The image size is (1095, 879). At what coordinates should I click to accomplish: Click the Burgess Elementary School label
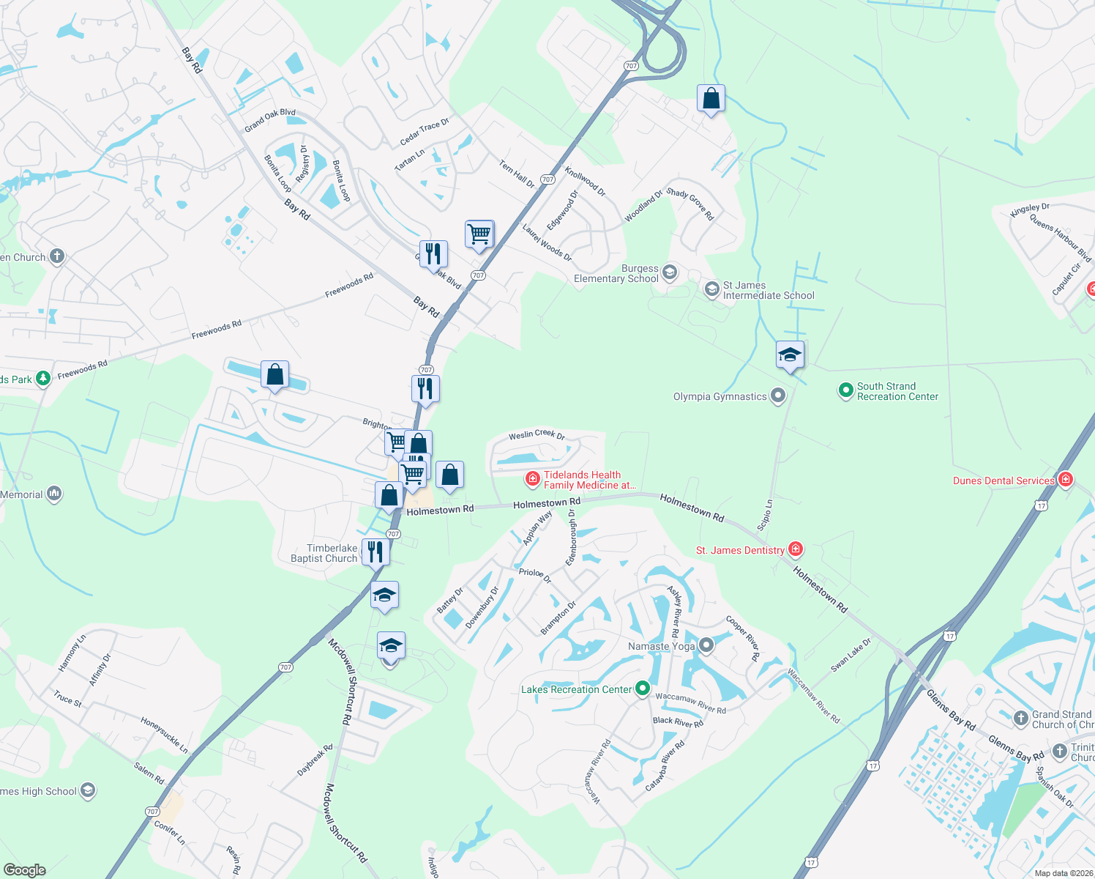616,274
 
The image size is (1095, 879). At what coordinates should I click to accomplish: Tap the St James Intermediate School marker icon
711,290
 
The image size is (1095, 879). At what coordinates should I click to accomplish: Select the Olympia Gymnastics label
720,397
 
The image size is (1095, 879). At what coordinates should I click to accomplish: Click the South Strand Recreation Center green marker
845,390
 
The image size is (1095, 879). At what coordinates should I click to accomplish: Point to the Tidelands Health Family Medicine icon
533,479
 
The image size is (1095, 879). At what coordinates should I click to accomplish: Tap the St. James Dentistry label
740,550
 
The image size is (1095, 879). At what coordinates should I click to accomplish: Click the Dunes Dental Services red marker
1066,480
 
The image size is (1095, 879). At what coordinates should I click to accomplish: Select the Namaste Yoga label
661,646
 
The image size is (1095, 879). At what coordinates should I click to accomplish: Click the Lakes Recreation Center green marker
643,689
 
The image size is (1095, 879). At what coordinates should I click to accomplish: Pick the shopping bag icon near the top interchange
711,97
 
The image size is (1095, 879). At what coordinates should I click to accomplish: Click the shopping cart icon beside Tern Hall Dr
479,234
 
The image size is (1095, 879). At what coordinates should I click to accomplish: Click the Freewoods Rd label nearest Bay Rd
349,285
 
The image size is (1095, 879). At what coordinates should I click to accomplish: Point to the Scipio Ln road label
765,515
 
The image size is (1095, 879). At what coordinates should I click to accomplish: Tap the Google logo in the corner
25,869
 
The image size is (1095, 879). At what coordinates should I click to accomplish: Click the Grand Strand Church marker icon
1021,719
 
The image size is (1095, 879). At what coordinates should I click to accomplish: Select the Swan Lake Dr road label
851,656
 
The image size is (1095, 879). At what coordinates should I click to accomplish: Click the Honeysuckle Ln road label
165,735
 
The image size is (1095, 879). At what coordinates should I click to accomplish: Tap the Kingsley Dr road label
1030,209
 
